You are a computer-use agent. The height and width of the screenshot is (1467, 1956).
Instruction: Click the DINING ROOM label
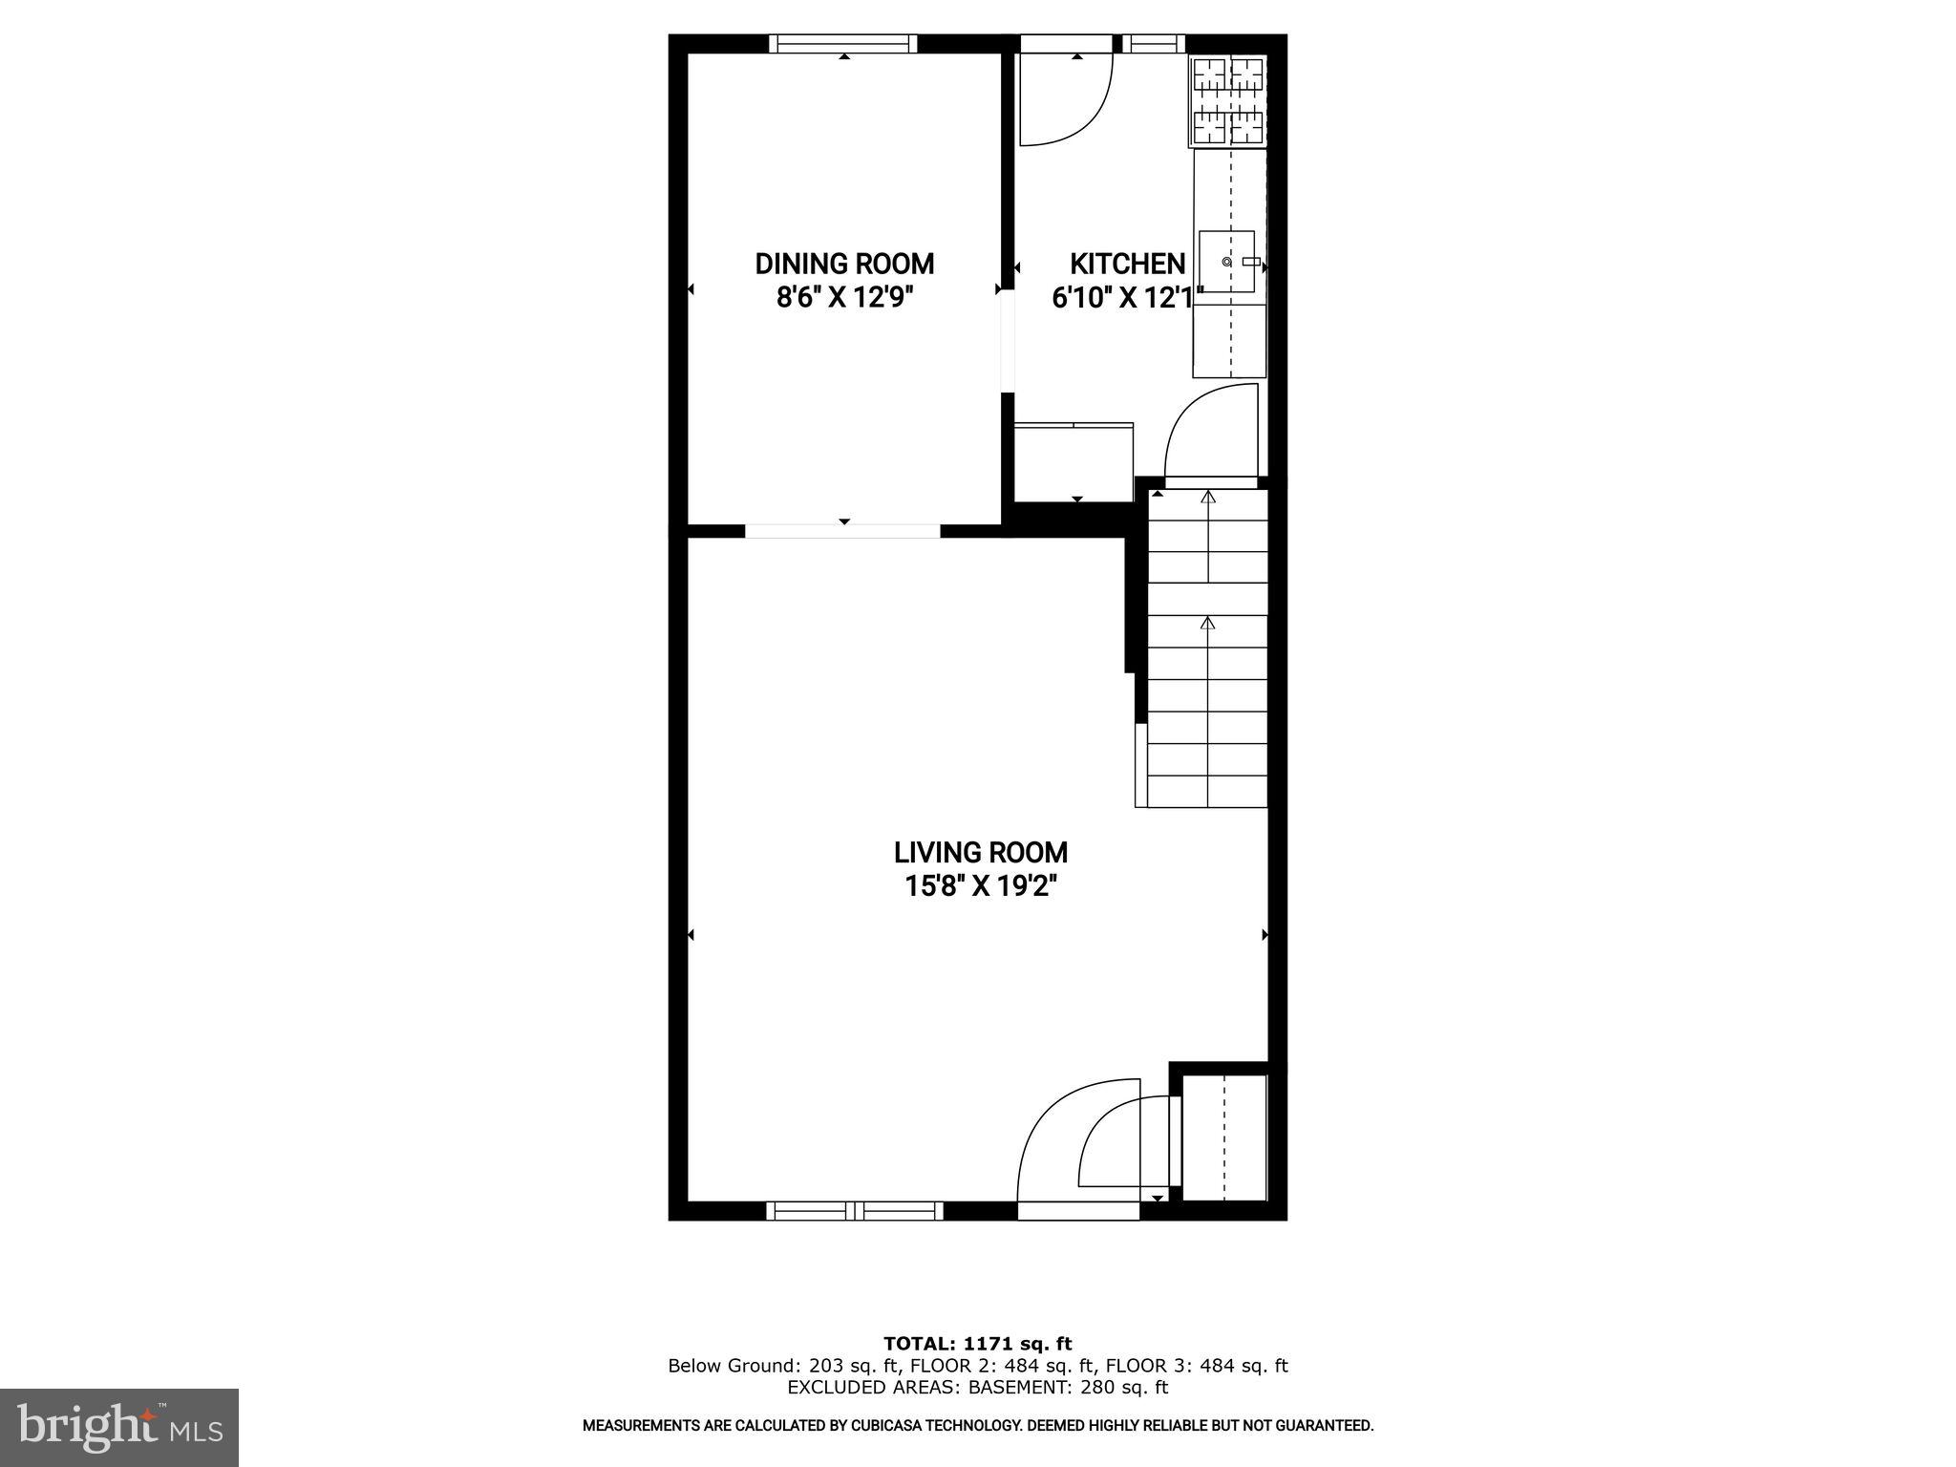pos(844,264)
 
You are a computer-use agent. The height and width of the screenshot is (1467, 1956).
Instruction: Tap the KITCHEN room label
pos(1127,264)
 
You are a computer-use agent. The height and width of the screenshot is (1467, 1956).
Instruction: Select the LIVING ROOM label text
pos(981,852)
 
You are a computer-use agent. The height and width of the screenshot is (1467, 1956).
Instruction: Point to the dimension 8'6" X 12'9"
pos(844,298)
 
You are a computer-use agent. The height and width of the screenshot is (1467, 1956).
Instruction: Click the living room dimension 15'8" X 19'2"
pos(981,887)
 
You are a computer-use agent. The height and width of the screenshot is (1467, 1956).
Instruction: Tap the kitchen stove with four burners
pos(1228,101)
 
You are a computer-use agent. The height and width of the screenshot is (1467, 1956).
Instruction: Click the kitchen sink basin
pos(1227,261)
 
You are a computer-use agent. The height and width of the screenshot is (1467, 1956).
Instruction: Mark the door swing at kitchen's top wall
pos(1065,100)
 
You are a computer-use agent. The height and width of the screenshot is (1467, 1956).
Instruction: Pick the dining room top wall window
pos(843,44)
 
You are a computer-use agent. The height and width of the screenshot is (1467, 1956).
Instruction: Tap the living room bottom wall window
pos(855,1211)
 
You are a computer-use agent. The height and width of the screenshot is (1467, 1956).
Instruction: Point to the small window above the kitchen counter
pos(1152,44)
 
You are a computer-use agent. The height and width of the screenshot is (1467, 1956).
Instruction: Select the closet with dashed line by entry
pos(1224,1137)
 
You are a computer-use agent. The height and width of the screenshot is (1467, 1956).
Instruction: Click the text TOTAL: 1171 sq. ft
pos(977,1344)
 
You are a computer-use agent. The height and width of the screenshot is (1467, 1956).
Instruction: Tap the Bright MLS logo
pos(119,1427)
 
